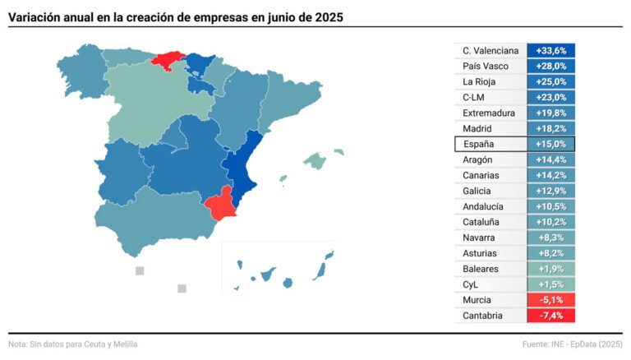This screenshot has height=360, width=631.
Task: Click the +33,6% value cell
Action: pyautogui.click(x=550, y=51)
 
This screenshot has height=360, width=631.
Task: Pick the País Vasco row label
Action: pyautogui.click(x=486, y=67)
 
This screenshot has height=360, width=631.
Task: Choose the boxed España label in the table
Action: pyautogui.click(x=479, y=145)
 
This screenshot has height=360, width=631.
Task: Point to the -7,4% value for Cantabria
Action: pyautogui.click(x=550, y=316)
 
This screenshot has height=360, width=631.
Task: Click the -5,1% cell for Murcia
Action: pyautogui.click(x=550, y=300)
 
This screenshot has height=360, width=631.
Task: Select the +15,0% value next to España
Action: pyautogui.click(x=550, y=145)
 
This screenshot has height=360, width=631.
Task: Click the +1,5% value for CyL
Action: pyautogui.click(x=550, y=284)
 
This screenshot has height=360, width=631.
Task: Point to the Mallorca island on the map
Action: pyautogui.click(x=314, y=159)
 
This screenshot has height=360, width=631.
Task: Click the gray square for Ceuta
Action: pyautogui.click(x=140, y=271)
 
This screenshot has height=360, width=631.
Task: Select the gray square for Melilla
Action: pyautogui.click(x=182, y=288)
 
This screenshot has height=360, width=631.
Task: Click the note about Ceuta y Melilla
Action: pyautogui.click(x=73, y=344)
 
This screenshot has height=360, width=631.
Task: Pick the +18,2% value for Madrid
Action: pyautogui.click(x=550, y=129)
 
